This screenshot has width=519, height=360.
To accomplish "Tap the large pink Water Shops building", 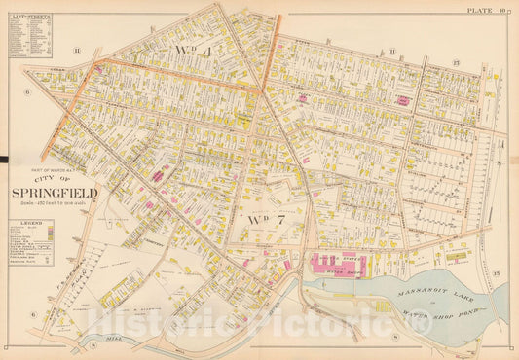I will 348,262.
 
